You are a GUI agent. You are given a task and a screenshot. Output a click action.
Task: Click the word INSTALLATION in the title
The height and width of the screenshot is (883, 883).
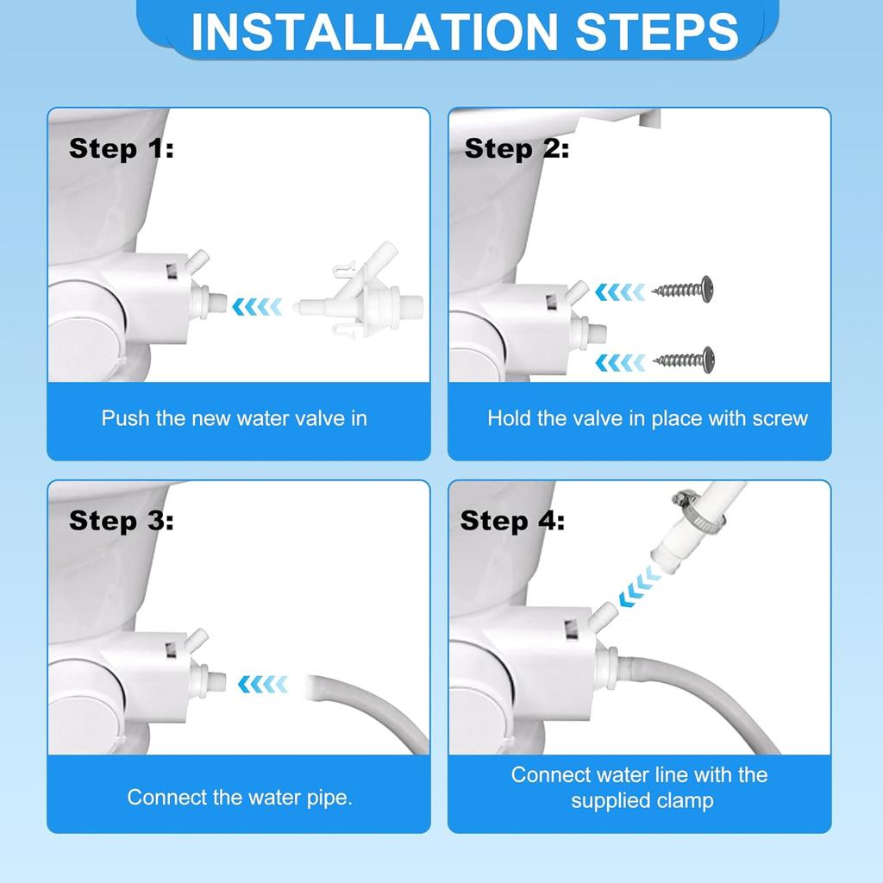[x=374, y=32]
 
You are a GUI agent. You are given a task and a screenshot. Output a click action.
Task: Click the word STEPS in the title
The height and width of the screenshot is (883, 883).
[x=656, y=32]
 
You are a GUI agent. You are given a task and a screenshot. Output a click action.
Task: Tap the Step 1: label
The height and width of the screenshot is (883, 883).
[x=121, y=148]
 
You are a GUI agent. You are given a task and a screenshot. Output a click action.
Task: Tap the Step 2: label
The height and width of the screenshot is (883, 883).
[x=517, y=148]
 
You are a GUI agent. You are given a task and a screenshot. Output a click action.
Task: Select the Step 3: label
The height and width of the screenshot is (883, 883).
[x=121, y=520]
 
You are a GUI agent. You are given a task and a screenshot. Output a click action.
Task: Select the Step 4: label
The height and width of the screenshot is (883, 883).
[x=512, y=520]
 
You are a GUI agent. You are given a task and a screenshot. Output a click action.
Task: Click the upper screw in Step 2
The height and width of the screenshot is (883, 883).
[x=683, y=290]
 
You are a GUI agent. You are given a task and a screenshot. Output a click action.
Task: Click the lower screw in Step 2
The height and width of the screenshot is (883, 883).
[x=684, y=360]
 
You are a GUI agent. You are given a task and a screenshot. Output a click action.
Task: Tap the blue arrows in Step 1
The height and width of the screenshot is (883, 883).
[x=257, y=307]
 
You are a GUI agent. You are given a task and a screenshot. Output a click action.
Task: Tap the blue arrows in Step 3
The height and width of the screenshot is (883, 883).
[x=262, y=684]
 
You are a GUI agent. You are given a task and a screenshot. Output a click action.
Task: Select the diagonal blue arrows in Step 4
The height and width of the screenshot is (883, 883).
[x=640, y=586]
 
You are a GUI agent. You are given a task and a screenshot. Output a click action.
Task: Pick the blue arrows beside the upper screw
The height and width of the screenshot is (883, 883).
[x=620, y=292]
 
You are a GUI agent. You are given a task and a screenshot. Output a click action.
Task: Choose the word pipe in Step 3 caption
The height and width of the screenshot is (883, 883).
[x=329, y=798]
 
